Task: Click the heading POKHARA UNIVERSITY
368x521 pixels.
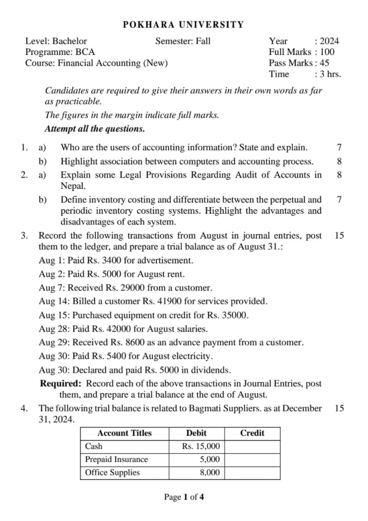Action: (x=184, y=24)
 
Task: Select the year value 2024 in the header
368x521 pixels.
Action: (x=329, y=41)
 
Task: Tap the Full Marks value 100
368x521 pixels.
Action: (x=327, y=51)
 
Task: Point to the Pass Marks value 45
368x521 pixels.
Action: (x=325, y=63)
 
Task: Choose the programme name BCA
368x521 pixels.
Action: (x=85, y=51)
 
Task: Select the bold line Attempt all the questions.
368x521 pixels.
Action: (x=95, y=129)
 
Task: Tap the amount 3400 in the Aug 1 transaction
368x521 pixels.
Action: (x=105, y=260)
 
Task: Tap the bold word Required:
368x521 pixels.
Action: (x=61, y=383)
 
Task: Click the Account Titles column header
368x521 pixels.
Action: (x=125, y=433)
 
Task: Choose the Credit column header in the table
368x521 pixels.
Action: (x=252, y=433)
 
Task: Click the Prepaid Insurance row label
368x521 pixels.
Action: (x=116, y=459)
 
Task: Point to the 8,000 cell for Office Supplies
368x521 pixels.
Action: (x=210, y=473)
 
